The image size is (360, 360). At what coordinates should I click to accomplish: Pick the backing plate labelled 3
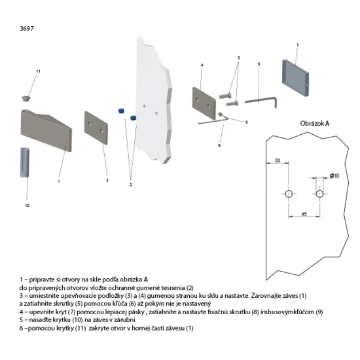(97, 131)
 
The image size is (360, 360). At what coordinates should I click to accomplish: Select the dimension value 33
(278, 160)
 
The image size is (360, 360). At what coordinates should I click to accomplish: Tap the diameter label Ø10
(334, 175)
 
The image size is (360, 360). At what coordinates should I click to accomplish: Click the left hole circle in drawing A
(288, 194)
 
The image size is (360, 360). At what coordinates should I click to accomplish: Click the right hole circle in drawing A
(319, 194)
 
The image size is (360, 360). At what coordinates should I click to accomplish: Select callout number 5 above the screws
(239, 58)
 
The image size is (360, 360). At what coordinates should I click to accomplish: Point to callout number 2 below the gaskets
(130, 185)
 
